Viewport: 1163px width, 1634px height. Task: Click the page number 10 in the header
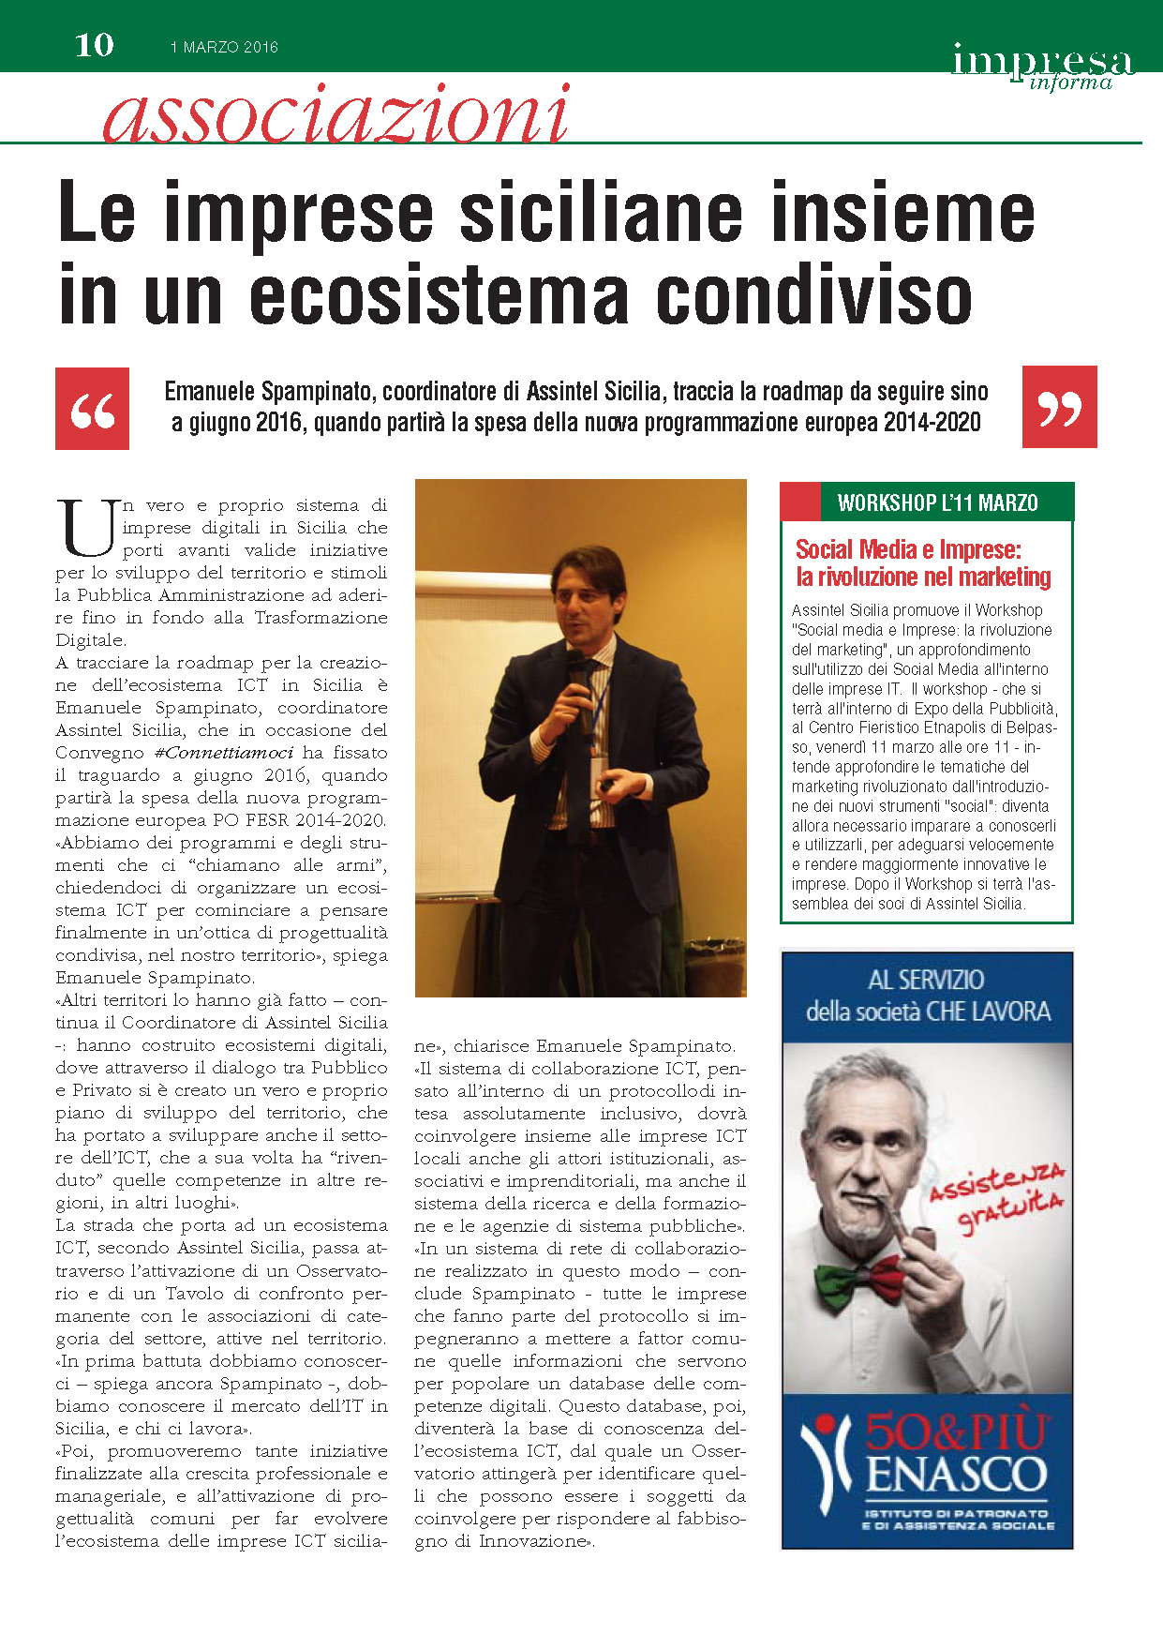click(x=94, y=45)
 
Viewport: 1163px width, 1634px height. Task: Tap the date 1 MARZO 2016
click(x=224, y=47)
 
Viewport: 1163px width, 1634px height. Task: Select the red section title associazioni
click(x=335, y=114)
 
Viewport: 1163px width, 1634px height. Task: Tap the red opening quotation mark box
click(x=93, y=408)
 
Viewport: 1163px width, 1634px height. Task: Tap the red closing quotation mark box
click(x=1059, y=407)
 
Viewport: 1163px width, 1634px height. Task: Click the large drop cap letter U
click(x=87, y=528)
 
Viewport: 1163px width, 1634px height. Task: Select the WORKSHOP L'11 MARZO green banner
click(x=937, y=503)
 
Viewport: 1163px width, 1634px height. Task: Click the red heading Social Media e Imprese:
click(x=908, y=549)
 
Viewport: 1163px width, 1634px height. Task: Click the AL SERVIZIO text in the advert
click(x=926, y=981)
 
